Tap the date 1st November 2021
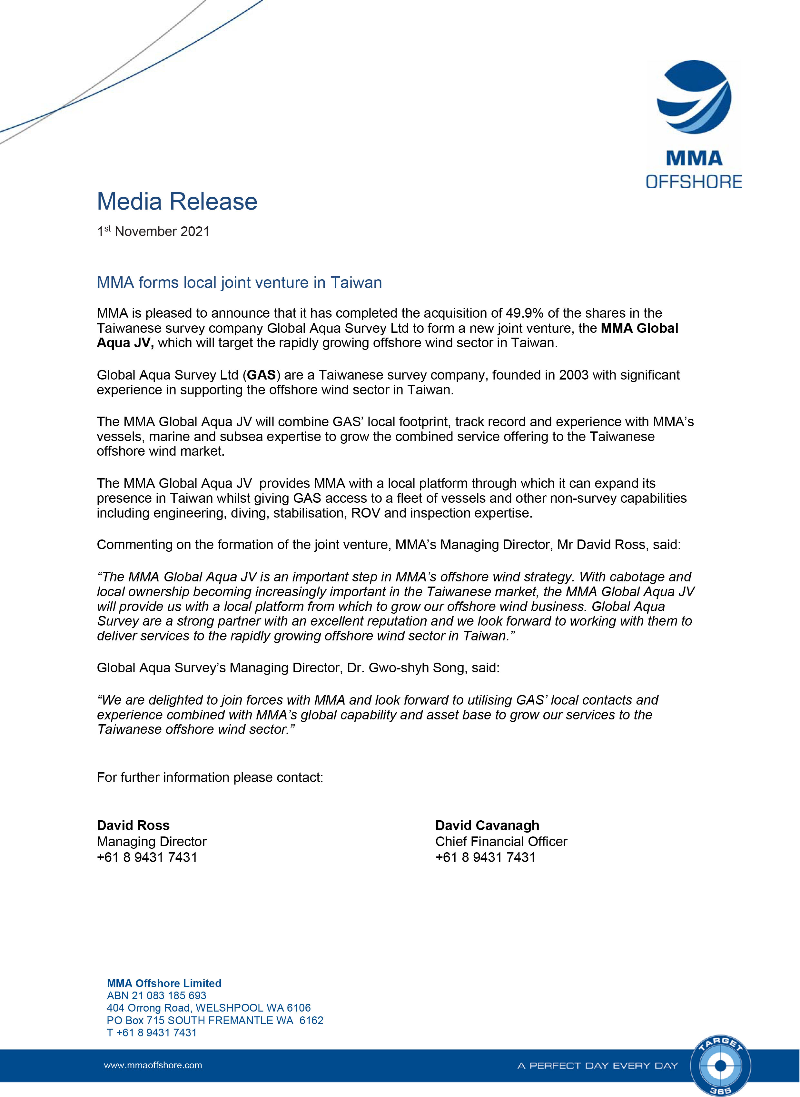(153, 232)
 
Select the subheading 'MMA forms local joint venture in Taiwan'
(239, 282)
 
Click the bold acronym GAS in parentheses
(262, 375)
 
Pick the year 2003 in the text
(573, 375)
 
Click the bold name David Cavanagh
(487, 825)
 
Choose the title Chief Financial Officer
(501, 842)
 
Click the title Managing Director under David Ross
(152, 842)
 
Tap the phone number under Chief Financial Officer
(485, 858)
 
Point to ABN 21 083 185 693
(156, 995)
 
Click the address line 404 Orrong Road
(209, 1008)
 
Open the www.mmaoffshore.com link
(153, 1065)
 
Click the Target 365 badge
(720, 1065)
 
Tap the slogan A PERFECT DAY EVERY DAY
(598, 1065)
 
